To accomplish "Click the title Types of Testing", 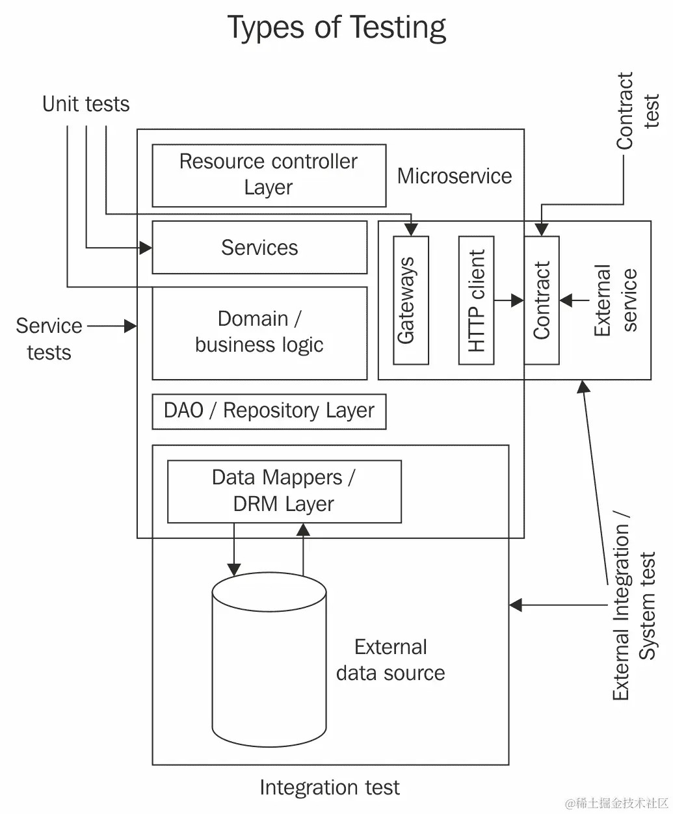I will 336,28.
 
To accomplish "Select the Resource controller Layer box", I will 269,175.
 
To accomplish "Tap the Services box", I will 259,248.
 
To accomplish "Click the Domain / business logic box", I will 259,332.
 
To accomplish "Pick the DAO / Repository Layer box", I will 269,411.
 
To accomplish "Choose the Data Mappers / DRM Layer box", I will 284,491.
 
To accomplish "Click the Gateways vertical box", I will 411,300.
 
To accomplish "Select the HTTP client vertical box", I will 476,300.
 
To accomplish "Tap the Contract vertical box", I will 542,300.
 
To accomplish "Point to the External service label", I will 615,300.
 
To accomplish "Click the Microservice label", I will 455,176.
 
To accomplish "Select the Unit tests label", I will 86,104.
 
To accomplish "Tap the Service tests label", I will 49,339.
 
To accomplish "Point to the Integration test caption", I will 329,788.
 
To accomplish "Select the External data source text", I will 391,660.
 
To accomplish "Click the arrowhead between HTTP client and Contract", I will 518,300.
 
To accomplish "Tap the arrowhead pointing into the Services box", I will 146,248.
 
